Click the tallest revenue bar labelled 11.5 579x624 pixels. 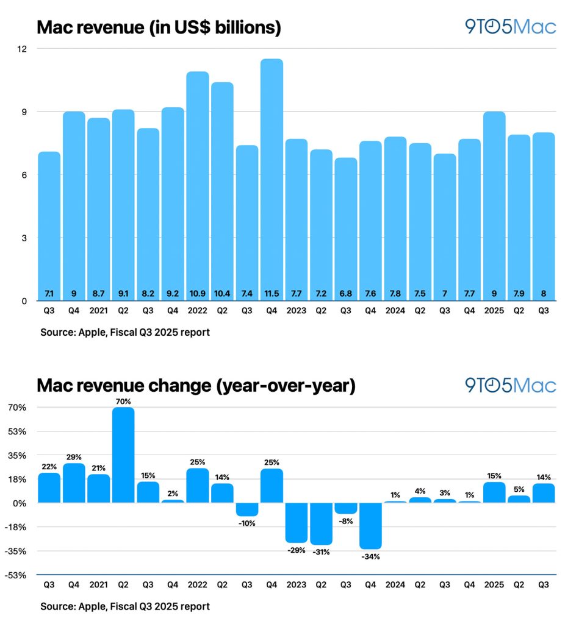coord(272,177)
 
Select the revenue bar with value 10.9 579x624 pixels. coord(197,183)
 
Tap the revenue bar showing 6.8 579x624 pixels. coord(346,225)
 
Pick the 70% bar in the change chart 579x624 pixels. coord(123,455)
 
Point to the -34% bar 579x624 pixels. coord(371,526)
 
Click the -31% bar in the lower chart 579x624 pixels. coord(321,523)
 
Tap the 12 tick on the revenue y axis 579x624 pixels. coord(24,49)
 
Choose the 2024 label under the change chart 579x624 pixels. coord(395,584)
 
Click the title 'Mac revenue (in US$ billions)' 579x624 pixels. coord(159,27)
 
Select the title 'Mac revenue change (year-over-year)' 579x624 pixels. coord(196,386)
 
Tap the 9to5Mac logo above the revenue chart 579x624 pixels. coord(510,27)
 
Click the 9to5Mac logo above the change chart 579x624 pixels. coord(510,385)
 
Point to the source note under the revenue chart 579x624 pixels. coord(125,333)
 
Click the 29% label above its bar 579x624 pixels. coord(74,457)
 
